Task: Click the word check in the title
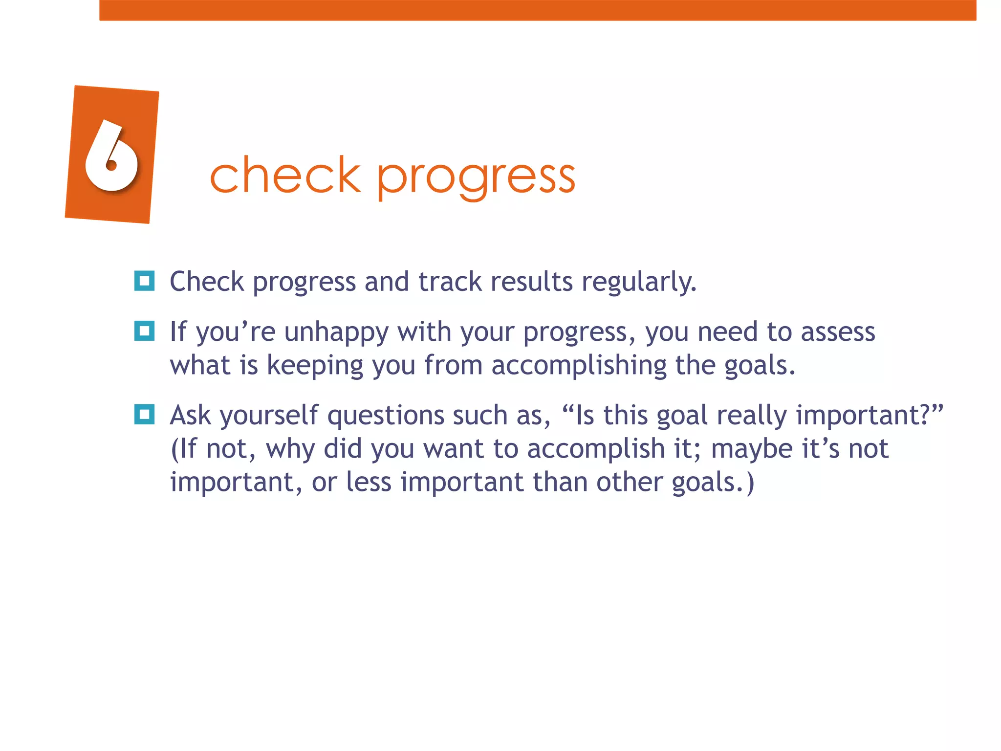(285, 175)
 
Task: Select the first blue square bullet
(144, 281)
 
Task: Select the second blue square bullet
(144, 331)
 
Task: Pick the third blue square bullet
(144, 415)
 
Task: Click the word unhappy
(336, 332)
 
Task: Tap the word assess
(838, 332)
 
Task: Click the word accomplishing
(579, 366)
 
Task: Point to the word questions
(386, 416)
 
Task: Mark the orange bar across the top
(538, 10)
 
